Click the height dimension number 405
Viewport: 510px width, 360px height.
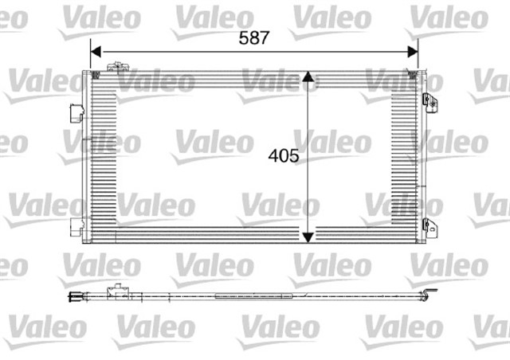coord(284,157)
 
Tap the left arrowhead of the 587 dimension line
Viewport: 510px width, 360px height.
coord(95,53)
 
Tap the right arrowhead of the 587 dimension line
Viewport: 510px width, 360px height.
coord(413,53)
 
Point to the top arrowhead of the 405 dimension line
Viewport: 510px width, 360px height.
coord(308,84)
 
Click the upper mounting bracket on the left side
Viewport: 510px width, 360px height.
coord(78,112)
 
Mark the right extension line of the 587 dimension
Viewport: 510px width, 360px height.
coord(418,60)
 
